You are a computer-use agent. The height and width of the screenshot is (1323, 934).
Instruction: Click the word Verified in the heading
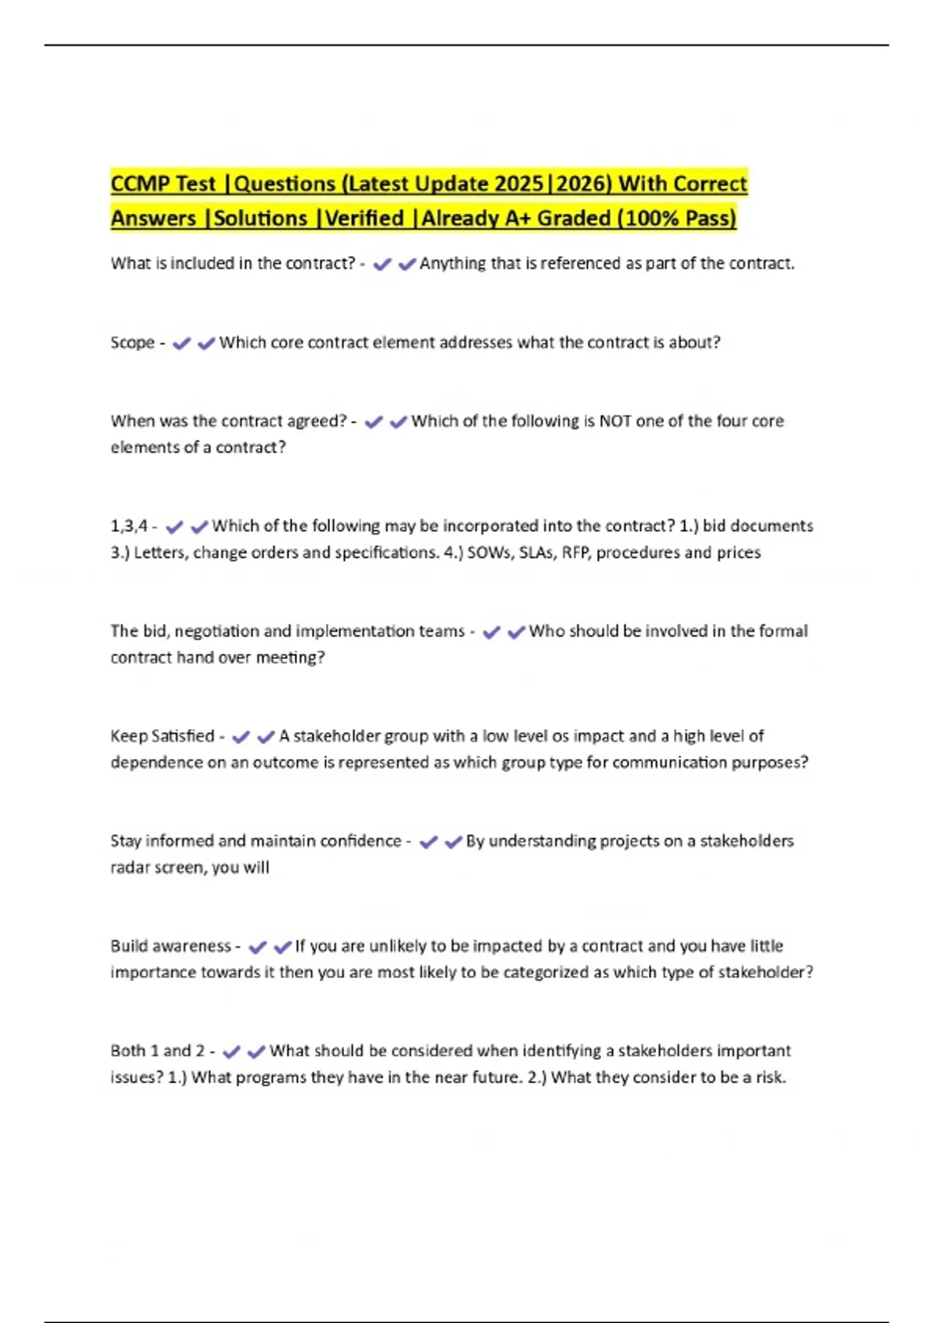point(365,219)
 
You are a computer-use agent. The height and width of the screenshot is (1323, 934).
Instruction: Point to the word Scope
point(132,343)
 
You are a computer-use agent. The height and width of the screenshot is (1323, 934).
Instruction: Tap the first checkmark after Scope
point(181,343)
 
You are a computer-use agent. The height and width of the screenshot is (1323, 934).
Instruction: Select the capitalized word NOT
point(614,421)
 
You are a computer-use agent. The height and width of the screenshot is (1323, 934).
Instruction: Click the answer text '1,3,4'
point(128,527)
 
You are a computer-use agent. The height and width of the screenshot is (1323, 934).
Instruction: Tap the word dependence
point(156,763)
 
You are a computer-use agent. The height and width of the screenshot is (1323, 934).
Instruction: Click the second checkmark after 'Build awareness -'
point(282,947)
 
